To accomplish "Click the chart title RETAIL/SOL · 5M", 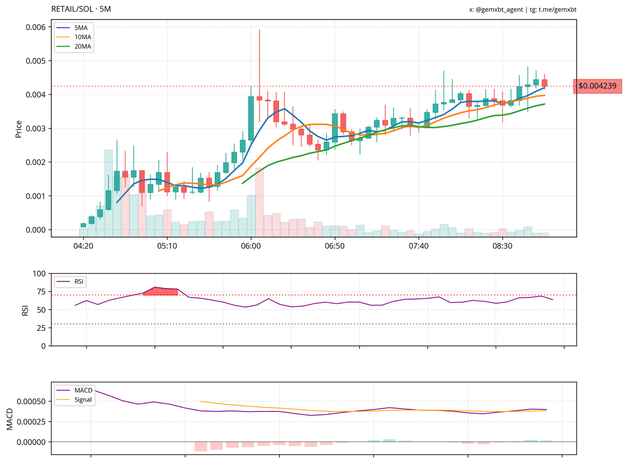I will click(82, 9).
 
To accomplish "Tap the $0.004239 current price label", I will click(597, 86).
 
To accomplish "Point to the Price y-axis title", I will click(19, 128).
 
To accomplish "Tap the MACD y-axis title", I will click(9, 419).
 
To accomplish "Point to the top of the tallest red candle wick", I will click(259, 30).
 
